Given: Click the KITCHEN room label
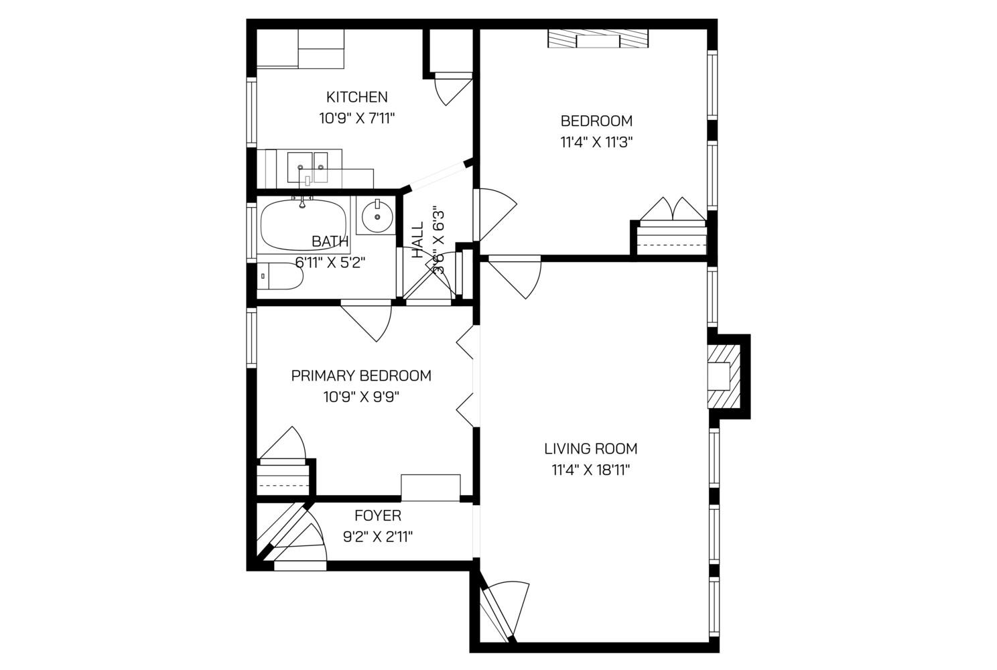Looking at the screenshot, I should (356, 97).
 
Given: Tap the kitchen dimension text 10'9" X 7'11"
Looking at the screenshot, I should (356, 119).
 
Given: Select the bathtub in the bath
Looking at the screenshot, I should (303, 224).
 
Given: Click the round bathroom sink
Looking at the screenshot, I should (378, 216).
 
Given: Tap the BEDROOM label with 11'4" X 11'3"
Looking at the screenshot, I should (596, 121).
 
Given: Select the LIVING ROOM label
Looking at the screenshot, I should (590, 449).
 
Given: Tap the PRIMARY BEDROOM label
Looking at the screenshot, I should (361, 376).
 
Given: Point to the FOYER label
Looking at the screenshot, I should (378, 516).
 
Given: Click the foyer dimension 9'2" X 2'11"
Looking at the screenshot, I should (378, 537).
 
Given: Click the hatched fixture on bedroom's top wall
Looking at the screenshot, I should (598, 40).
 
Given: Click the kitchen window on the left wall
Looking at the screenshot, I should (251, 113).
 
